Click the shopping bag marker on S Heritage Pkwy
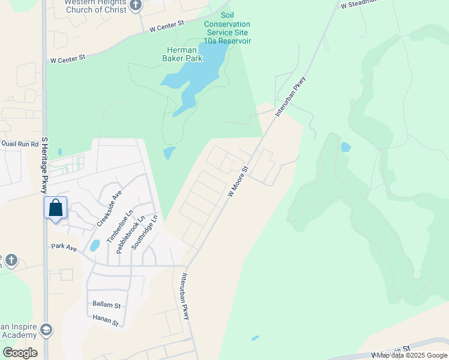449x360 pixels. click(x=55, y=209)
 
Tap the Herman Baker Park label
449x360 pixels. click(x=184, y=53)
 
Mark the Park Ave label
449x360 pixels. click(x=64, y=247)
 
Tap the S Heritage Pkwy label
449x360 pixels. click(x=44, y=164)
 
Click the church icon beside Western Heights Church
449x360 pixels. click(x=136, y=6)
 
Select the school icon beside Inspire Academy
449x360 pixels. click(x=46, y=329)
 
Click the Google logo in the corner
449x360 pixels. click(x=20, y=353)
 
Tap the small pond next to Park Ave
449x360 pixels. click(x=94, y=245)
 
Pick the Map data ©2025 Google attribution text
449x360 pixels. click(x=412, y=355)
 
